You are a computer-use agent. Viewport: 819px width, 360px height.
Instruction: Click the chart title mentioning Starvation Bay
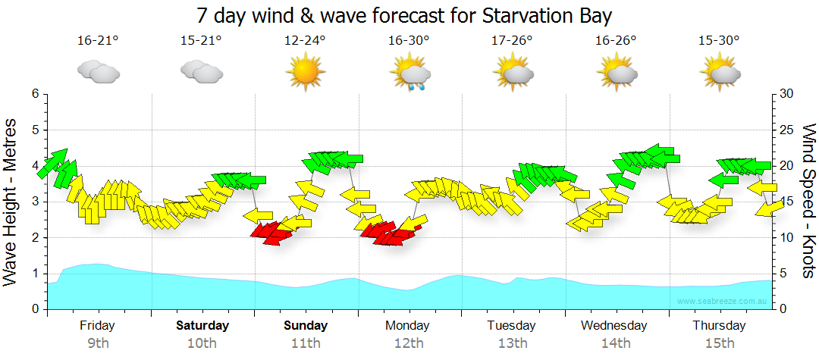[404, 15]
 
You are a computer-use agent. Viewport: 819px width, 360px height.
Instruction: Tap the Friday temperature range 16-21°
[98, 41]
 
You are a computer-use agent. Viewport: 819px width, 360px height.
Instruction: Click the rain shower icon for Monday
[410, 74]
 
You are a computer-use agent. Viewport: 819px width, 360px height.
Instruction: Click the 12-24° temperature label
[305, 41]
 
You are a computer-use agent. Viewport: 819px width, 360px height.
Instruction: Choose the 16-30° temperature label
[409, 41]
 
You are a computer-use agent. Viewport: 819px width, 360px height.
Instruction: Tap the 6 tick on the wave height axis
[34, 94]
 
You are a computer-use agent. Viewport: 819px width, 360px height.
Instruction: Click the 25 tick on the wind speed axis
[786, 130]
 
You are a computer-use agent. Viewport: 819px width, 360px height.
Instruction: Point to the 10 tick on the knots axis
[786, 238]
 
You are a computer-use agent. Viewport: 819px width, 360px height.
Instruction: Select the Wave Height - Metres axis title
[11, 202]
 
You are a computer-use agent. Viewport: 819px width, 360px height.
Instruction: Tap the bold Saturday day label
[202, 326]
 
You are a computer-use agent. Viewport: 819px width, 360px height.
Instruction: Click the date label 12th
[409, 343]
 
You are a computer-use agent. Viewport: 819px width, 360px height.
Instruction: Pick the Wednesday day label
[614, 326]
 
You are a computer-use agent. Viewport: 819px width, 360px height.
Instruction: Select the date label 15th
[719, 343]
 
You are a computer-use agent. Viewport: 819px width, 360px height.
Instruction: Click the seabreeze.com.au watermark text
[723, 301]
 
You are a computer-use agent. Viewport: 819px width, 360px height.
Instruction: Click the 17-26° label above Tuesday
[513, 41]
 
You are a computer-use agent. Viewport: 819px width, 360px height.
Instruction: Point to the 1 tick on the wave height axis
[34, 274]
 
